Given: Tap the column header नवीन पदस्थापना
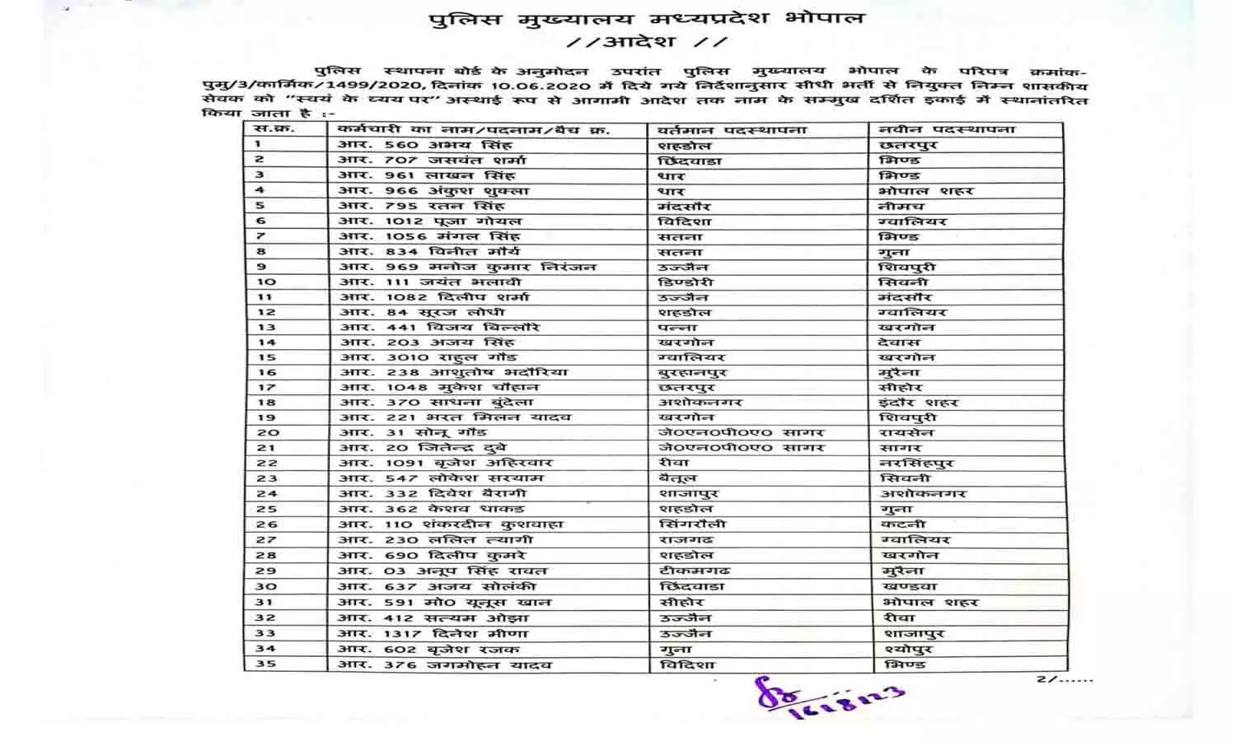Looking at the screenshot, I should [947, 129].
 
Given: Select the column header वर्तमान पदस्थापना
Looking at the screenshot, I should [732, 130].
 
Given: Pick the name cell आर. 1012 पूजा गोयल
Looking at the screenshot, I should [429, 221].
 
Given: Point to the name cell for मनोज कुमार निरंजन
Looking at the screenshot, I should [466, 267].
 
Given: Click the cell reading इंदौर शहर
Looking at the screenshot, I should [918, 403].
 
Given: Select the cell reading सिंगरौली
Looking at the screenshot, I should [692, 524].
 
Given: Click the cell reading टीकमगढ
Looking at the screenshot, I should [694, 571].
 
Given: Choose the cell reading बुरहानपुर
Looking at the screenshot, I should [693, 372].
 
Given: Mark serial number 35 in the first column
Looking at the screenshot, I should [265, 664].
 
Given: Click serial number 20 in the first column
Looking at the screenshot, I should [267, 432].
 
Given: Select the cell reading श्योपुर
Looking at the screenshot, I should [906, 649].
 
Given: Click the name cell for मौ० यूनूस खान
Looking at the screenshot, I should [444, 602].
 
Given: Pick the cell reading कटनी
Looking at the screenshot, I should [903, 524].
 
